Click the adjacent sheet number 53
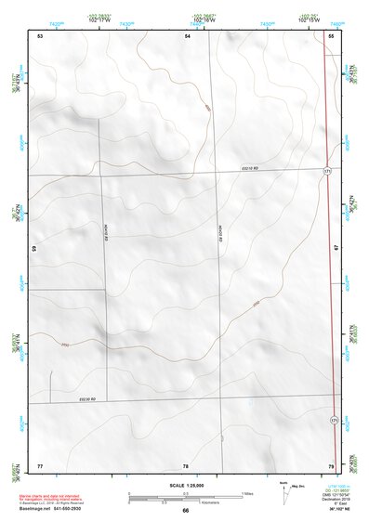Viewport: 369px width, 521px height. [40, 35]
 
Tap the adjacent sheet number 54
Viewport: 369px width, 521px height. [187, 35]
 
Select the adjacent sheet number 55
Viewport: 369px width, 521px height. [331, 35]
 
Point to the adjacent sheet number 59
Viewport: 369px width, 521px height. [34, 249]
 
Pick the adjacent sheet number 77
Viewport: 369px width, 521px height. [40, 464]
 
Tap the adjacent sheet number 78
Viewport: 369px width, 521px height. [186, 464]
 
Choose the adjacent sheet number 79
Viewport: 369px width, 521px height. [331, 464]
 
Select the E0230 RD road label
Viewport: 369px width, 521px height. [88, 399]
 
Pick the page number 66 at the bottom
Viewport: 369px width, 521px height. [186, 511]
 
